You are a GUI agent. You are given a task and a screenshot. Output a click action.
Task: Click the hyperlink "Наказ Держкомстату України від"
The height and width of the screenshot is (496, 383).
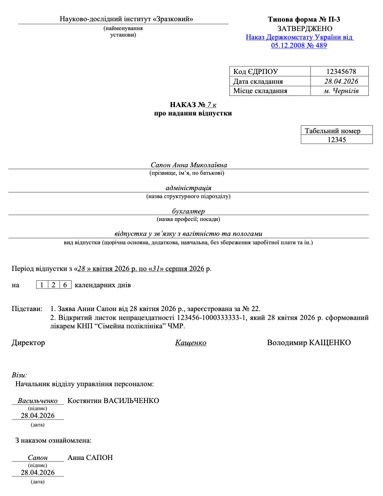(300, 37)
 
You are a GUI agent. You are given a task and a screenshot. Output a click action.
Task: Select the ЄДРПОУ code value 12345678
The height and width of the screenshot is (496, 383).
(340, 72)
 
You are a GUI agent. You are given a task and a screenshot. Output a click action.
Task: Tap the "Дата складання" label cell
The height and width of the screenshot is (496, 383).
(255, 82)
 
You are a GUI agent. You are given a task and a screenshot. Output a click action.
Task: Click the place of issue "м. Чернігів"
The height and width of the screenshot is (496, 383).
(340, 91)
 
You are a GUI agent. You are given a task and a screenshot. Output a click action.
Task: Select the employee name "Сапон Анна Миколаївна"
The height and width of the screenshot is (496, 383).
(189, 165)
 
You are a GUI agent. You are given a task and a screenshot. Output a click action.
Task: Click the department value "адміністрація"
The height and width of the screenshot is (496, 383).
(189, 188)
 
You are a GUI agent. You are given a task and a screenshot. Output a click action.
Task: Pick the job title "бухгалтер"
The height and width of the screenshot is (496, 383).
(189, 211)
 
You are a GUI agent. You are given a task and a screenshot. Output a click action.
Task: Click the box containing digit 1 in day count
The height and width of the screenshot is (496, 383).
(42, 285)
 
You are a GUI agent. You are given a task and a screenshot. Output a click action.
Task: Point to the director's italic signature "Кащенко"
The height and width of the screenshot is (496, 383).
(191, 342)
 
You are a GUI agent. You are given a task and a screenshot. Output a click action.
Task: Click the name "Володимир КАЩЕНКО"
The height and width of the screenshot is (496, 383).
(309, 342)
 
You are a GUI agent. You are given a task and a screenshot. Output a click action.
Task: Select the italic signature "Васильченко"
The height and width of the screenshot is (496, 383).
(37, 401)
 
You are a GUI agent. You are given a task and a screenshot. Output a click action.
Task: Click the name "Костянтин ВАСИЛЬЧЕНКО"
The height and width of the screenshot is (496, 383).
(113, 401)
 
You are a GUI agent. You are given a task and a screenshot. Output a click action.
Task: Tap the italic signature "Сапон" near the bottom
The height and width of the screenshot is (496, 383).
(38, 458)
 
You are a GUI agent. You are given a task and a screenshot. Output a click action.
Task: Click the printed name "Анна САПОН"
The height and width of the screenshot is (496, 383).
(90, 458)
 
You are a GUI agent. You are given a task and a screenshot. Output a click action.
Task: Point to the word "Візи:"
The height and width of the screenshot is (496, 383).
(19, 375)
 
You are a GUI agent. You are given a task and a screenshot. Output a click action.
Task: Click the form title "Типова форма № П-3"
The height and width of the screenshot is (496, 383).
(304, 19)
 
